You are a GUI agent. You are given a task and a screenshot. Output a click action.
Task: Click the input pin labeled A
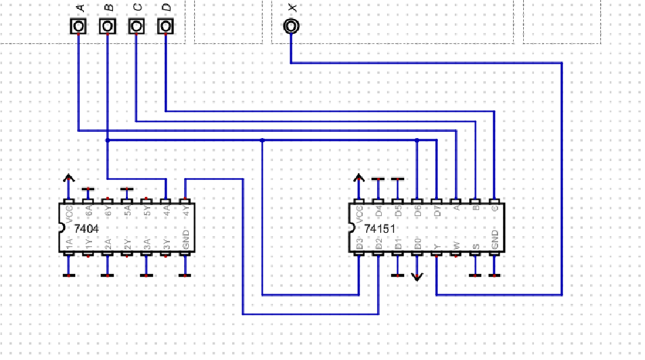click(x=79, y=26)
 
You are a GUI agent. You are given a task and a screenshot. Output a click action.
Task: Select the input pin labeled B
click(x=107, y=26)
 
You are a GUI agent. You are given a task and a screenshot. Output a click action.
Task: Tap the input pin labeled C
click(x=136, y=26)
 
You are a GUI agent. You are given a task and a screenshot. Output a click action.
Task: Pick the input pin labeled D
click(x=165, y=26)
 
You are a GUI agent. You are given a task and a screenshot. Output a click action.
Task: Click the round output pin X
click(x=291, y=26)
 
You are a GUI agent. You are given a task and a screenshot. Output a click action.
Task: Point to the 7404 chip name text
click(x=86, y=229)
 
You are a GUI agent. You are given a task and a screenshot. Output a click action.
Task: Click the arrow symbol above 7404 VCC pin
click(x=68, y=178)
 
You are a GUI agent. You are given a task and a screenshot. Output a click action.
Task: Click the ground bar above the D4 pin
click(x=378, y=179)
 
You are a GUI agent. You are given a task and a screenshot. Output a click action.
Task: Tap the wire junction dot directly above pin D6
click(x=417, y=140)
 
